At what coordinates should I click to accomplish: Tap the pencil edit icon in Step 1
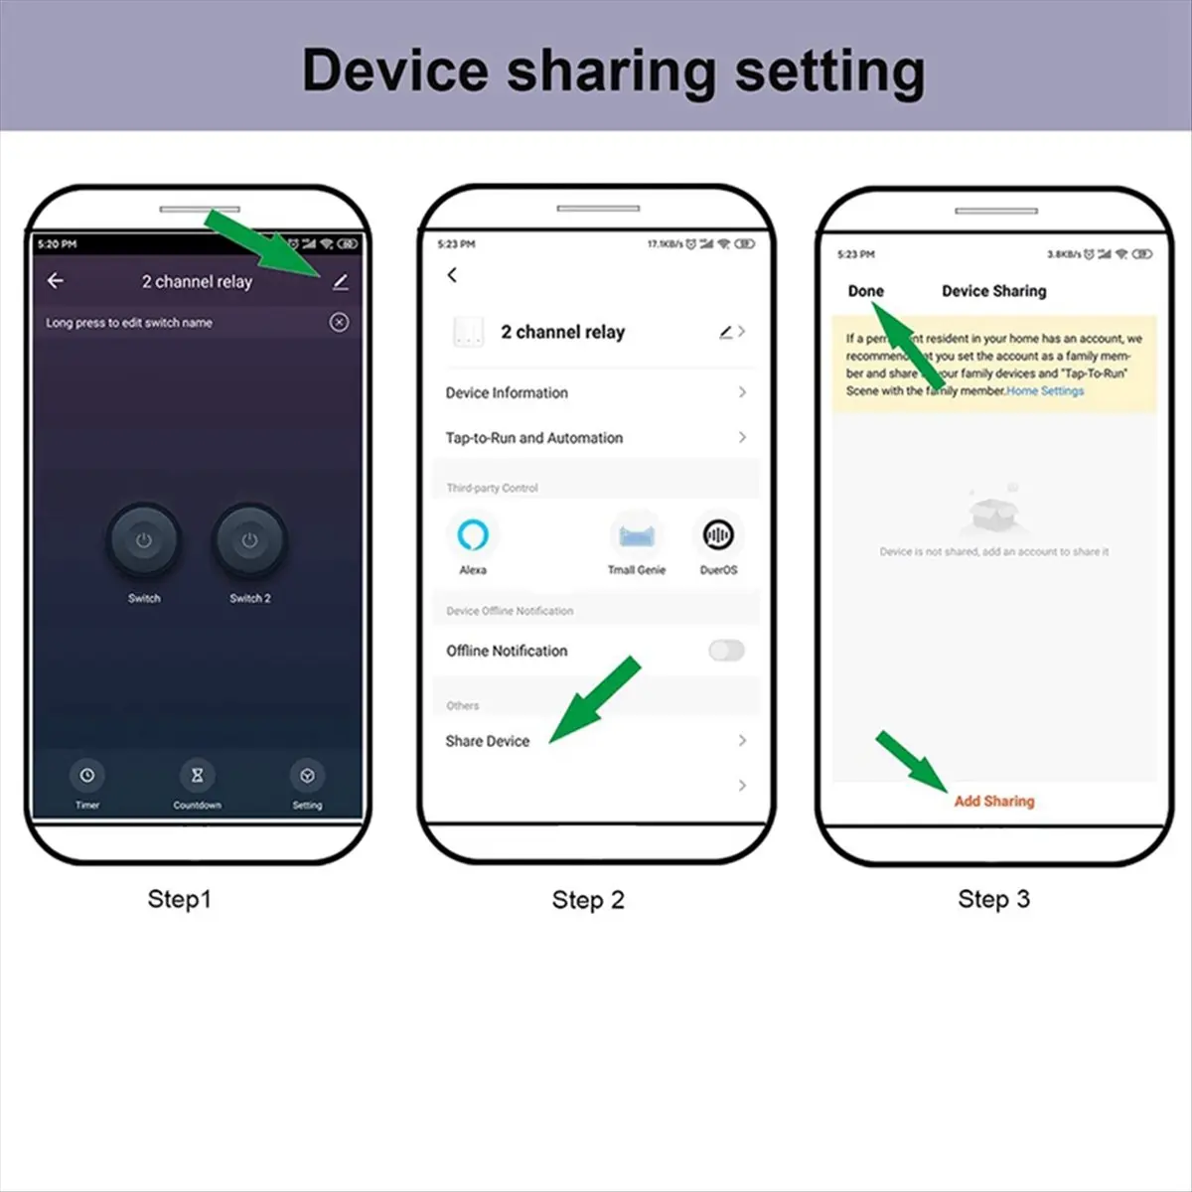340,282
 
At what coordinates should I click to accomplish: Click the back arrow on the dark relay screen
56,281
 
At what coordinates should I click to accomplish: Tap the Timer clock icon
87,775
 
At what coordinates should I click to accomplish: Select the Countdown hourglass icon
197,775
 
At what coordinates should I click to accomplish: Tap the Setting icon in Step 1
307,775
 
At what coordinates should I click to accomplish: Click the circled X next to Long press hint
339,322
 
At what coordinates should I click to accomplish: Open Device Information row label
507,392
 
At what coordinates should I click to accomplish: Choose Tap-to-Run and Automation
534,438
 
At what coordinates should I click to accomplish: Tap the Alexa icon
473,535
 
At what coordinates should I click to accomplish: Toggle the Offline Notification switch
726,651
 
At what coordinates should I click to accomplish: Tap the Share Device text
488,741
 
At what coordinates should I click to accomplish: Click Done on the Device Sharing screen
865,291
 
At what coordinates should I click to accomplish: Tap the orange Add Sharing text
994,801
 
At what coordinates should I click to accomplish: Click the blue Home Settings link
1045,391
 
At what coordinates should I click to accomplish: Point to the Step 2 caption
588,900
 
